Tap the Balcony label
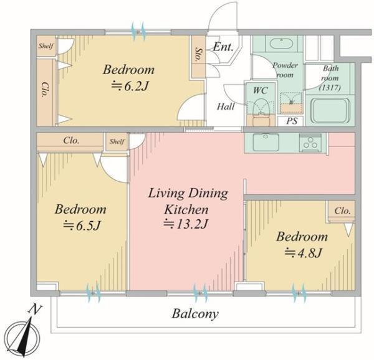(x=195, y=314)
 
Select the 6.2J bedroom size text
(x=130, y=86)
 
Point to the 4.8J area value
(x=304, y=252)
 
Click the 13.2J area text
(x=186, y=224)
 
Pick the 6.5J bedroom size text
(x=81, y=225)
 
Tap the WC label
(x=260, y=90)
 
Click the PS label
(x=292, y=121)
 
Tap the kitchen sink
(x=266, y=142)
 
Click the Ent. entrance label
(x=223, y=47)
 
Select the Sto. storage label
(x=198, y=54)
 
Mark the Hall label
(x=226, y=107)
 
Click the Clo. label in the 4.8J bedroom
(x=342, y=211)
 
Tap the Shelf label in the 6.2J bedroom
(x=46, y=45)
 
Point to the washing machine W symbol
(x=291, y=102)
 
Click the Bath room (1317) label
(x=330, y=78)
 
